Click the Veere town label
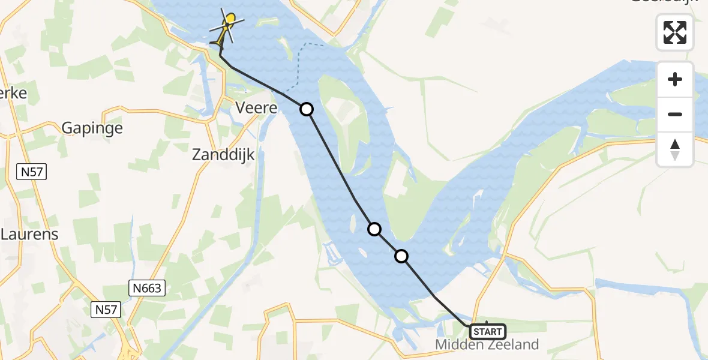256,109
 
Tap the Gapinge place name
92,128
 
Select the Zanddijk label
223,155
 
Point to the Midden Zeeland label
487,344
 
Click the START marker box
487,331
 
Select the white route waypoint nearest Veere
307,109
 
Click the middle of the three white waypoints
374,229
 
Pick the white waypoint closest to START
401,256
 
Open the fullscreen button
675,32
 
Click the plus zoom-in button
675,79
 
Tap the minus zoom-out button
675,114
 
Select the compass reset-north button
675,149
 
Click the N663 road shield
146,289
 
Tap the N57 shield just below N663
106,310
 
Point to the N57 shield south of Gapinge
31,172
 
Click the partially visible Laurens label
30,234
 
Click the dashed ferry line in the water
299,66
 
